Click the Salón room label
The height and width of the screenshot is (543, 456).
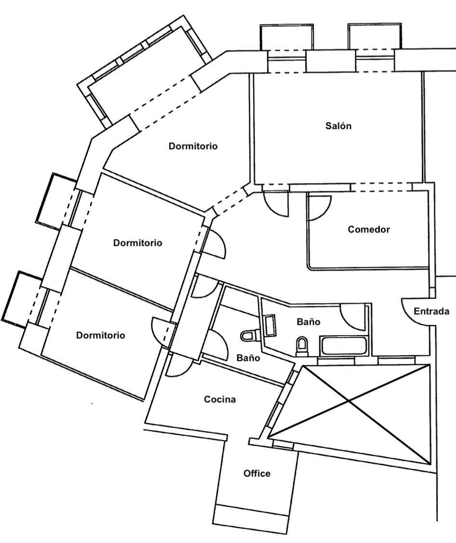click(x=338, y=126)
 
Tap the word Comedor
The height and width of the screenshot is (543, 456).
click(x=369, y=230)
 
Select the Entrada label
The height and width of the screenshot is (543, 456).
click(x=431, y=311)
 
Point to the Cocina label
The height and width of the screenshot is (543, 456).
click(x=220, y=399)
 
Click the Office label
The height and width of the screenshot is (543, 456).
click(x=257, y=474)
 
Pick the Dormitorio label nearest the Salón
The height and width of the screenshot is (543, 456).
click(x=193, y=146)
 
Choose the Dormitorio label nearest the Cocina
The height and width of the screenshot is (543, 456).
click(x=100, y=336)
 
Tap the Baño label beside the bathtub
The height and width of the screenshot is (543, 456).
click(x=308, y=322)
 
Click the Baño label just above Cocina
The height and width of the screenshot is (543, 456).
click(x=248, y=358)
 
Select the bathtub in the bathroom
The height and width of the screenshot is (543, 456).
click(x=344, y=346)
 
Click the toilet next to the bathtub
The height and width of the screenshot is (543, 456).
click(x=302, y=345)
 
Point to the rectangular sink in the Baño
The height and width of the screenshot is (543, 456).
click(x=269, y=326)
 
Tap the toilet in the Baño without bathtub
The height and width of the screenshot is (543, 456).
click(x=249, y=335)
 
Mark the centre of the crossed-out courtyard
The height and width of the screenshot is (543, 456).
click(x=349, y=400)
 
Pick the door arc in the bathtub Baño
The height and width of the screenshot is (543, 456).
click(x=353, y=318)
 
